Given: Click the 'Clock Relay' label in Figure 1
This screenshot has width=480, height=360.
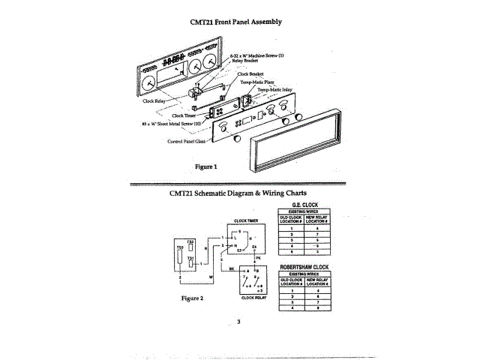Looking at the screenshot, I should [155, 99].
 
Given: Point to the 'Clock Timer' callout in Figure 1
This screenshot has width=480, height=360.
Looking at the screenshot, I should [184, 115].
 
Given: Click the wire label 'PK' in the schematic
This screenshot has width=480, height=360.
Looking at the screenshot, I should [259, 257].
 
